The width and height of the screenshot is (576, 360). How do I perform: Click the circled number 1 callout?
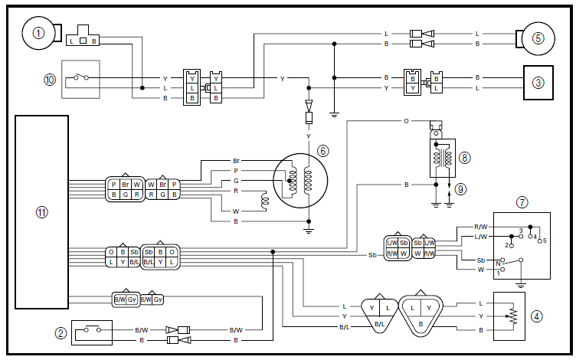pyautogui.click(x=38, y=34)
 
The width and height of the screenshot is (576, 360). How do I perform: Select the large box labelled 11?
pyautogui.click(x=41, y=212)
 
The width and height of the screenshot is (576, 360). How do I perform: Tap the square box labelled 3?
pyautogui.click(x=538, y=83)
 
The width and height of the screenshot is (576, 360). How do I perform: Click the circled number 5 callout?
pyautogui.click(x=538, y=38)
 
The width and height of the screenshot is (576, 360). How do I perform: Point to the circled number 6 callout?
pyautogui.click(x=322, y=151)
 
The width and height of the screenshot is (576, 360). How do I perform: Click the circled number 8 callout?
pyautogui.click(x=464, y=158)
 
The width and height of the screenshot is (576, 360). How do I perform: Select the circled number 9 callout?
pyautogui.click(x=460, y=189)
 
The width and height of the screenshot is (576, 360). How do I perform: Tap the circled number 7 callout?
pyautogui.click(x=522, y=202)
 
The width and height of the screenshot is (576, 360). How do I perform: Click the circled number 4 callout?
pyautogui.click(x=537, y=316)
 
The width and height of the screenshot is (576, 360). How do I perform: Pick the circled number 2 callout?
pyautogui.click(x=61, y=333)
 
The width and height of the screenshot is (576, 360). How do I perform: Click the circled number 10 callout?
pyautogui.click(x=50, y=80)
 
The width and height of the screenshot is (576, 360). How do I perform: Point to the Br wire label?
pyautogui.click(x=236, y=161)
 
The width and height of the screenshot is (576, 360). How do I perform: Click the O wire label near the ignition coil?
pyautogui.click(x=406, y=121)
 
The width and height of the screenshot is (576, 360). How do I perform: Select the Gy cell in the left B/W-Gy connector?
pyautogui.click(x=132, y=299)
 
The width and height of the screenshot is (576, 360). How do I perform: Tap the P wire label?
pyautogui.click(x=236, y=171)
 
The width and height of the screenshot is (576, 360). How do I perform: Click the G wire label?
pyautogui.click(x=236, y=181)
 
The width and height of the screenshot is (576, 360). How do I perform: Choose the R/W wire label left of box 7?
pyautogui.click(x=480, y=227)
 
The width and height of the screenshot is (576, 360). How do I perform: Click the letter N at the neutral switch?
pyautogui.click(x=498, y=263)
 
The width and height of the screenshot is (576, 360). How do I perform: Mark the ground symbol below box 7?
pyautogui.click(x=521, y=285)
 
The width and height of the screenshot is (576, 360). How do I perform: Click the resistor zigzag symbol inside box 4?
pyautogui.click(x=513, y=316)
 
